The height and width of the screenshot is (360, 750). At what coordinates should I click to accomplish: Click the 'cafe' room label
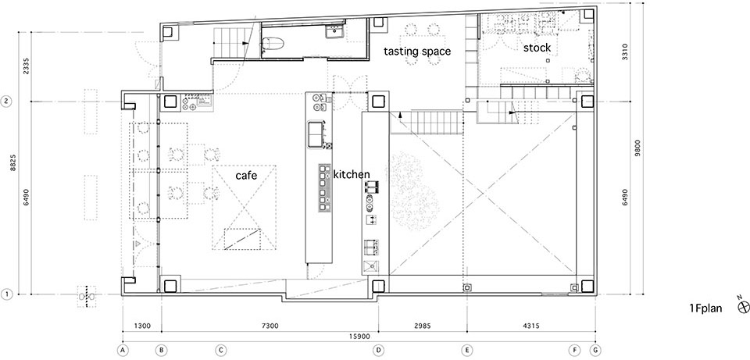click(246, 176)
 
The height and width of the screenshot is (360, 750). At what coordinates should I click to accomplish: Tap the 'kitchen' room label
click(352, 174)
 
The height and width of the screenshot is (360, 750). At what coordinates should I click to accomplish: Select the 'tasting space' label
click(417, 52)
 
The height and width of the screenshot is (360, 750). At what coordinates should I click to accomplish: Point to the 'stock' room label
click(537, 48)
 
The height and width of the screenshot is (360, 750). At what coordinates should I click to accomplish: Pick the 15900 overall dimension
click(359, 337)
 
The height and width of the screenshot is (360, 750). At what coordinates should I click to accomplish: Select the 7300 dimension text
click(270, 326)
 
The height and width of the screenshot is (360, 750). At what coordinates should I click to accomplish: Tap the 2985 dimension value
click(423, 326)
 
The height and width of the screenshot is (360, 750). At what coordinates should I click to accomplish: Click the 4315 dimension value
click(531, 326)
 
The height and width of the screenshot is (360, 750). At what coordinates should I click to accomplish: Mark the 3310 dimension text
click(625, 52)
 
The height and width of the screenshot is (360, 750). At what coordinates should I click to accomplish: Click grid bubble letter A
click(123, 350)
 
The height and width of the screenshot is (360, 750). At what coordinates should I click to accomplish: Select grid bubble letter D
click(378, 350)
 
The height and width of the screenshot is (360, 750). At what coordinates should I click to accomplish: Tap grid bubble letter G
click(595, 350)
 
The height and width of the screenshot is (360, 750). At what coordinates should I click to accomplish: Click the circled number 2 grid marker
click(7, 102)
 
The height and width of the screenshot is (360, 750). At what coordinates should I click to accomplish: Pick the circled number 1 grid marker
click(7, 294)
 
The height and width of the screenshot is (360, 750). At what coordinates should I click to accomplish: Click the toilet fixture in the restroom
click(273, 44)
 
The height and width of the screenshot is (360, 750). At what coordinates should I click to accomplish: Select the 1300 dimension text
click(142, 326)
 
